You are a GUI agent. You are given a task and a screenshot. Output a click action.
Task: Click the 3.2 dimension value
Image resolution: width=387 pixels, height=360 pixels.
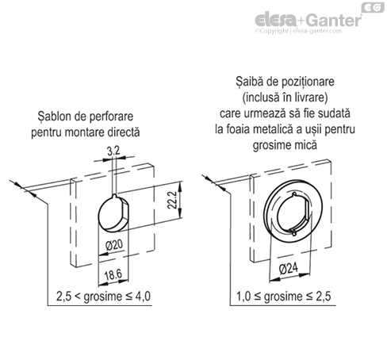point(113,151)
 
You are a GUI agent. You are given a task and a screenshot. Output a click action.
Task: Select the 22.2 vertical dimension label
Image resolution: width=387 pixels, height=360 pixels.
point(172,200)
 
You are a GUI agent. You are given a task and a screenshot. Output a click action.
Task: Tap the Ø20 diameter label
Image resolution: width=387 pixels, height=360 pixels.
point(114,245)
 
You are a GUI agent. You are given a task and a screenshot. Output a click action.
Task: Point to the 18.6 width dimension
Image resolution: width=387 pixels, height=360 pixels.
point(113,275)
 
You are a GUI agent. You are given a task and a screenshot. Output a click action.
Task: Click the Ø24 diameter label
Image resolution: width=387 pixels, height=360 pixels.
point(289,269)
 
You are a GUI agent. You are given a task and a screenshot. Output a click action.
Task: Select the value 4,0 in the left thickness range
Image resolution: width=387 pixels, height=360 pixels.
point(143,296)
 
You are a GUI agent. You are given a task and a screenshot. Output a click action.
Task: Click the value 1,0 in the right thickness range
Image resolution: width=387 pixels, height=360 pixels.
point(243,297)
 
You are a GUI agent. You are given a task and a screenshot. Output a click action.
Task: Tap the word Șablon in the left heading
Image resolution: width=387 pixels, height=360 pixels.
point(54,117)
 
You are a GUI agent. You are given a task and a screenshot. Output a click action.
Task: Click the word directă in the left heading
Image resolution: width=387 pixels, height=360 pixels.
point(124,132)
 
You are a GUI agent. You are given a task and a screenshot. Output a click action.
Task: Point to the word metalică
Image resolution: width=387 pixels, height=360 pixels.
point(273,129)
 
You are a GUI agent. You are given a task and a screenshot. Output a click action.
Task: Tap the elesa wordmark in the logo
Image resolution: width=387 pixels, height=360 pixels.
point(276,20)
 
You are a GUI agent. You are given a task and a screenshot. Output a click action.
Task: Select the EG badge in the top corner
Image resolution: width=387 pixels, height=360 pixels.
point(373,7)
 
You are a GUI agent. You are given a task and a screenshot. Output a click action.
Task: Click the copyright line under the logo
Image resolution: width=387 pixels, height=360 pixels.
point(298,31)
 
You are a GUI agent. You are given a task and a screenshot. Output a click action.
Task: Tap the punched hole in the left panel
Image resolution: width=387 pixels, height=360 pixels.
point(113,213)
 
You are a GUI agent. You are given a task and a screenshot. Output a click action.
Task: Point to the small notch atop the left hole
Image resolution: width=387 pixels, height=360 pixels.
point(114,196)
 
